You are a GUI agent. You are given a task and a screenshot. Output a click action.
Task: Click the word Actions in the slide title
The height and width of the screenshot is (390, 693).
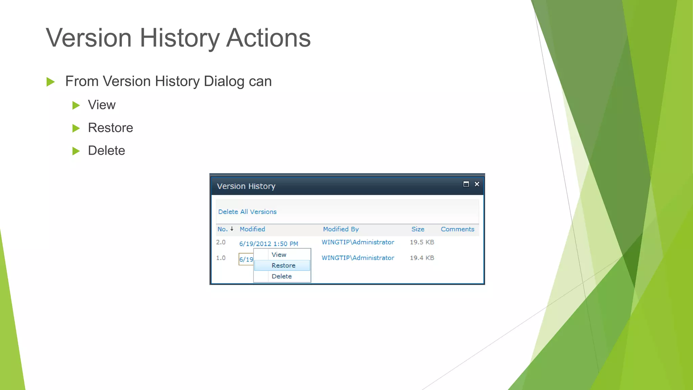pos(268,38)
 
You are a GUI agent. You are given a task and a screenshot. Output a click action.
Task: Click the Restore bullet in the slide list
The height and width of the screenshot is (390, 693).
pos(110,128)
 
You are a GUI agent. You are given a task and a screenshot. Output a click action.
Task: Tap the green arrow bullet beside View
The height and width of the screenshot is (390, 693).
pos(76,105)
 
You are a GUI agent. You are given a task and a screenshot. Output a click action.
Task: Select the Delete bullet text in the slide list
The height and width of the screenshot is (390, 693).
pos(106,151)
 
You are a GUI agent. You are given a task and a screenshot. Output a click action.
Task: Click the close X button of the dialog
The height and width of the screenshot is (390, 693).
pos(477,184)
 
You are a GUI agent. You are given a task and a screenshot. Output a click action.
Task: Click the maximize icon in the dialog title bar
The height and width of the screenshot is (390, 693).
pos(466,184)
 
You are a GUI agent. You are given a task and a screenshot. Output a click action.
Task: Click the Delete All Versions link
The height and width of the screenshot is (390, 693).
pos(247,212)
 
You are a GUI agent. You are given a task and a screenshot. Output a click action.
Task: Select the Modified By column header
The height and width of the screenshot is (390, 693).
pos(340,229)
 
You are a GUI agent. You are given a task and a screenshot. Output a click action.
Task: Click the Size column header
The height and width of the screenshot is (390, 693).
pos(418,229)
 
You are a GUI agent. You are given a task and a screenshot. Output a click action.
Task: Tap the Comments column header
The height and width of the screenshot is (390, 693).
pos(457,229)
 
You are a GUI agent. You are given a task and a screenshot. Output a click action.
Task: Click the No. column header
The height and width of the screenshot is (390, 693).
pos(222,229)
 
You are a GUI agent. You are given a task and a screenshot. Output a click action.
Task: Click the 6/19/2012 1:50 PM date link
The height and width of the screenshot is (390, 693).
pos(268,244)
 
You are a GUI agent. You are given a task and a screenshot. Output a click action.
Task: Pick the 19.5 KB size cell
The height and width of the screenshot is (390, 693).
pos(422,242)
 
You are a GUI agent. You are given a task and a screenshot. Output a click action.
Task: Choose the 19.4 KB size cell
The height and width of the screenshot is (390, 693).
pos(422,258)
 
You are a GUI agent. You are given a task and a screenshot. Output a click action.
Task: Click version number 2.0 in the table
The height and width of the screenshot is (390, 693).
pos(221,242)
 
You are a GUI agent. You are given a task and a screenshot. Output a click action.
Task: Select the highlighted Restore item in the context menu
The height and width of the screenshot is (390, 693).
pos(283,266)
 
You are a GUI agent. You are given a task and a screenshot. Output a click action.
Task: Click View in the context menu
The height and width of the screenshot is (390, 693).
pos(279,255)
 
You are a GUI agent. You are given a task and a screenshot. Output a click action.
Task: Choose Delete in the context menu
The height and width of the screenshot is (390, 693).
pos(281,277)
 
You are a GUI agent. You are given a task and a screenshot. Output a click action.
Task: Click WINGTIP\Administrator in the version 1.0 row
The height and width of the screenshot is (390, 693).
pos(358,258)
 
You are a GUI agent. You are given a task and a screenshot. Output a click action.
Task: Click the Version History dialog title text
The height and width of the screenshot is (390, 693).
pos(246,187)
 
